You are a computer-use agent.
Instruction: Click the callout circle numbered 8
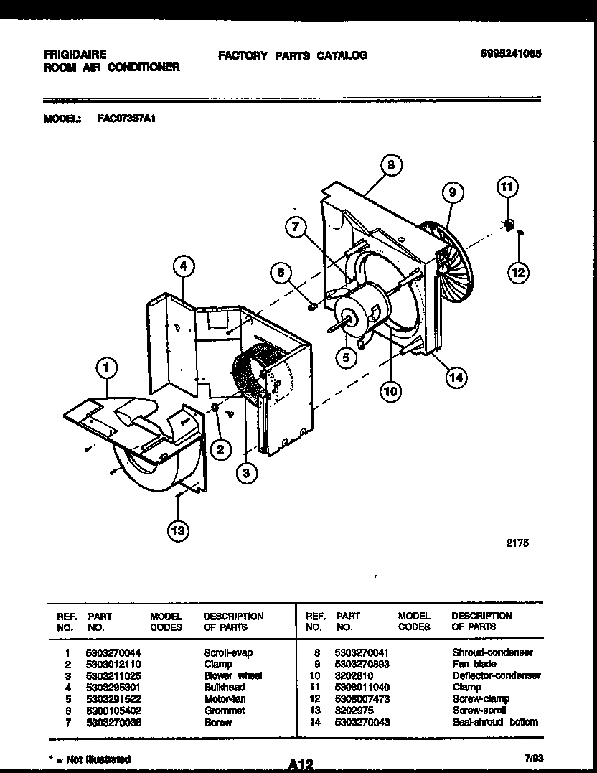pyautogui.click(x=390, y=165)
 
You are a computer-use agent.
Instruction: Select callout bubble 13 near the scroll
pyautogui.click(x=178, y=532)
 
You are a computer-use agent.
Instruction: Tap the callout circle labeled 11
pyautogui.click(x=507, y=188)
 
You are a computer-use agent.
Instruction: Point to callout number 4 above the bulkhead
pyautogui.click(x=184, y=266)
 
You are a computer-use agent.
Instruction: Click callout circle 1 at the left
pyautogui.click(x=106, y=369)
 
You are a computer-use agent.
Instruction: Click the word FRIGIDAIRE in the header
pyautogui.click(x=75, y=55)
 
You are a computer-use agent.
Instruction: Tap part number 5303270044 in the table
pyautogui.click(x=114, y=653)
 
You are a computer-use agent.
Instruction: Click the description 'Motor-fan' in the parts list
pyautogui.click(x=224, y=699)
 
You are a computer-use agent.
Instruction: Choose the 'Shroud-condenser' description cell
pyautogui.click(x=492, y=653)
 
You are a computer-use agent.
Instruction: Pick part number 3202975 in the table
pyautogui.click(x=354, y=711)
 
